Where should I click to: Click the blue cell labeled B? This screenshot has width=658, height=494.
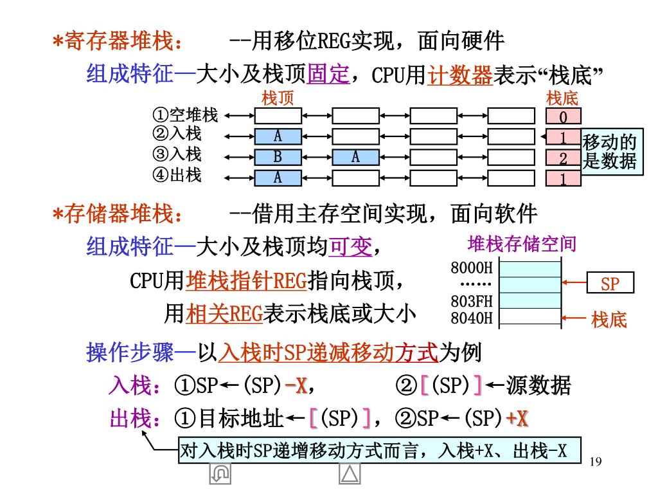[x=278, y=158]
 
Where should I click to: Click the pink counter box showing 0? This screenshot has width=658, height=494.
[x=564, y=117]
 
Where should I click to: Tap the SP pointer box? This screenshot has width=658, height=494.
[x=610, y=284]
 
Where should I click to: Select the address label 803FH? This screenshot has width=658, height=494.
[x=471, y=301]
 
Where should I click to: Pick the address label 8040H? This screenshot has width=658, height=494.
[x=471, y=317]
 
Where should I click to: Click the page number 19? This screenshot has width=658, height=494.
[x=595, y=461]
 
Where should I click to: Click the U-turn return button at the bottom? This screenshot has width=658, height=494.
[x=220, y=474]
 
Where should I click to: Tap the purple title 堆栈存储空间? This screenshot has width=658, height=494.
[x=521, y=244]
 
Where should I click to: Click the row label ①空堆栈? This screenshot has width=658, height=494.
[x=185, y=116]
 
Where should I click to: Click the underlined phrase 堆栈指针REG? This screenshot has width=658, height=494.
[x=247, y=281]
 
